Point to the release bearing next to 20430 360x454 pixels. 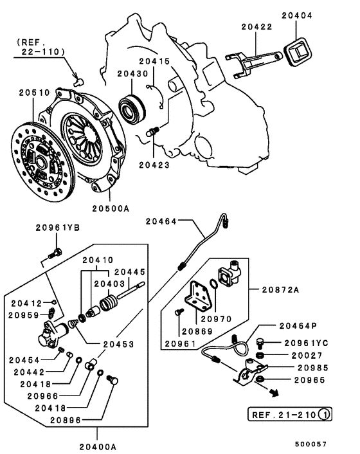[x=134, y=107]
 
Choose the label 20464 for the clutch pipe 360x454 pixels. [x=161, y=221]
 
